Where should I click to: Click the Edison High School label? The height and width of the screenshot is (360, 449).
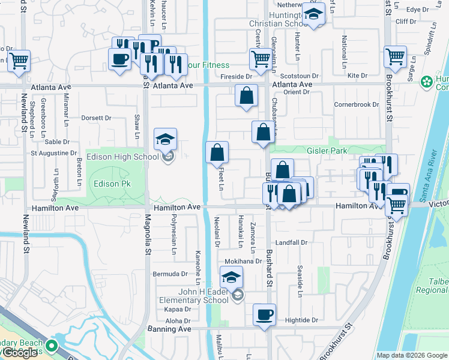pos(123,157)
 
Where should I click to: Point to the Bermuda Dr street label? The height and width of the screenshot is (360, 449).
pos(170,274)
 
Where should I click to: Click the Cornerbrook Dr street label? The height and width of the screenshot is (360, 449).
pos(357,104)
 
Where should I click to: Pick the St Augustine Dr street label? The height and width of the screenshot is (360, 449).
pos(54,153)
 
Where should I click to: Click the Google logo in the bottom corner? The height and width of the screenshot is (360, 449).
pos(20,352)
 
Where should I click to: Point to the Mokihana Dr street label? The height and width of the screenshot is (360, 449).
pos(243,262)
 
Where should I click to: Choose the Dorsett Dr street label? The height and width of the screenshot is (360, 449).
pos(96,118)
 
